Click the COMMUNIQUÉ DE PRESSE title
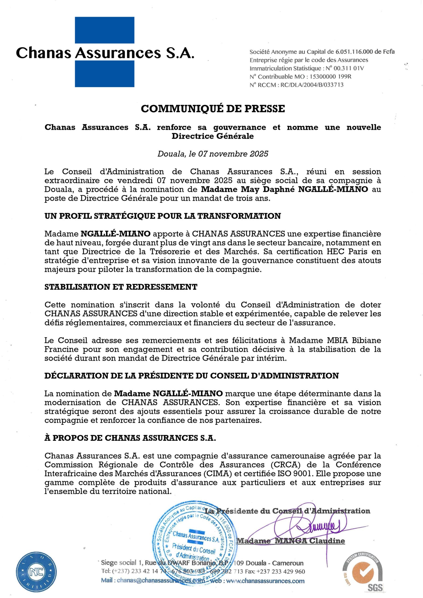[213, 109]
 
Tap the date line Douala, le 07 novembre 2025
[213, 154]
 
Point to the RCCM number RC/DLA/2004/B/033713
[312, 85]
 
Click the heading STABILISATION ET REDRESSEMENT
[121, 287]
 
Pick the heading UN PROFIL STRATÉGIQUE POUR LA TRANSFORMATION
[163, 216]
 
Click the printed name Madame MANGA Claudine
[290, 541]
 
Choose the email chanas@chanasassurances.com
[161, 580]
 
